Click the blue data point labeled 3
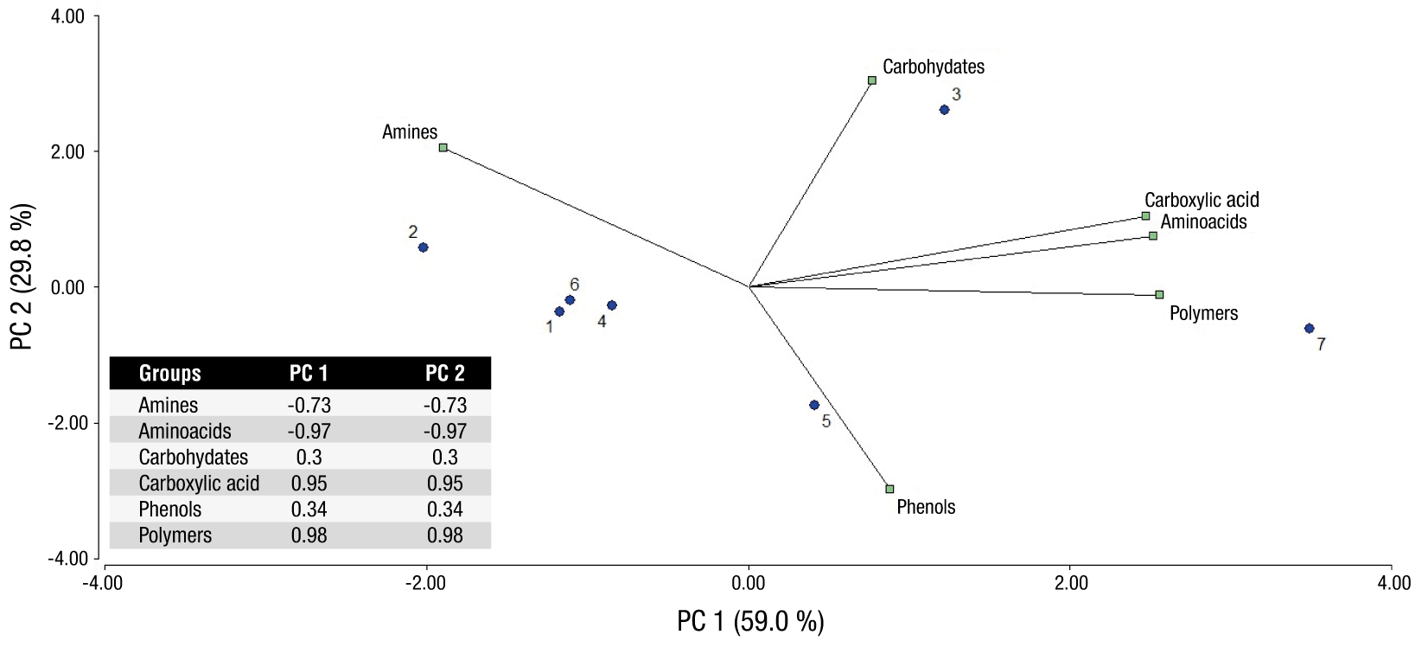(944, 110)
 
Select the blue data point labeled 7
(1309, 329)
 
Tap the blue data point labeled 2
(423, 247)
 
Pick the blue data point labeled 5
(813, 405)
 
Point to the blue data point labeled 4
(612, 305)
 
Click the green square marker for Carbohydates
(872, 80)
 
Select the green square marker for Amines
(443, 148)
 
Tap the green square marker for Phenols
(889, 489)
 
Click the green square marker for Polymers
(1159, 295)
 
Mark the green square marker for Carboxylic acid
(1145, 216)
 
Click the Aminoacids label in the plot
(1203, 222)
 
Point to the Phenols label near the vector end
(926, 507)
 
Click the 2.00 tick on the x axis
(1071, 583)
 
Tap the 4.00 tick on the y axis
(68, 16)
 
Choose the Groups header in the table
(169, 374)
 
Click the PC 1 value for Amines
(309, 405)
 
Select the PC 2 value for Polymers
(444, 535)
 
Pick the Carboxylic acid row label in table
(199, 484)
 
